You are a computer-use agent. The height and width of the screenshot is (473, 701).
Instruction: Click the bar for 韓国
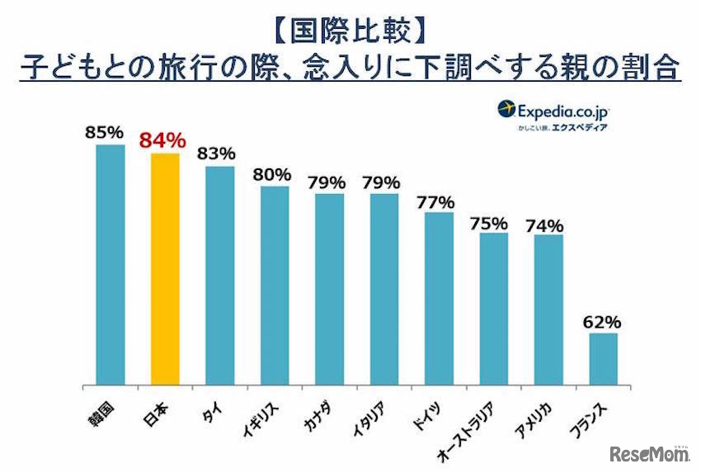coord(111,265)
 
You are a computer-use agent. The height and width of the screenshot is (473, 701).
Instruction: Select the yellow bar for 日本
coord(165,269)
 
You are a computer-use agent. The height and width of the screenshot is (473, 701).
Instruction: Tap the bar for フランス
coord(604,359)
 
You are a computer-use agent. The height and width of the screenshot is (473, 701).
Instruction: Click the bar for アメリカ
coord(548,310)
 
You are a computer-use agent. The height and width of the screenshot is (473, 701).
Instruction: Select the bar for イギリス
coord(275,286)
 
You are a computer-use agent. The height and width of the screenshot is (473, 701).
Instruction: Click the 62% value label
coord(604,321)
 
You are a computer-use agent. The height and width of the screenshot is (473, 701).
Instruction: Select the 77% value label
coord(439,201)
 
